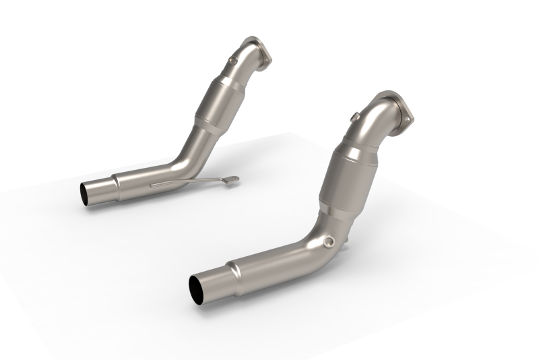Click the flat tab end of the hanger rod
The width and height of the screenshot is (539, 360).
[233, 179]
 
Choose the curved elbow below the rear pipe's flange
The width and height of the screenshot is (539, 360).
[249, 61]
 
